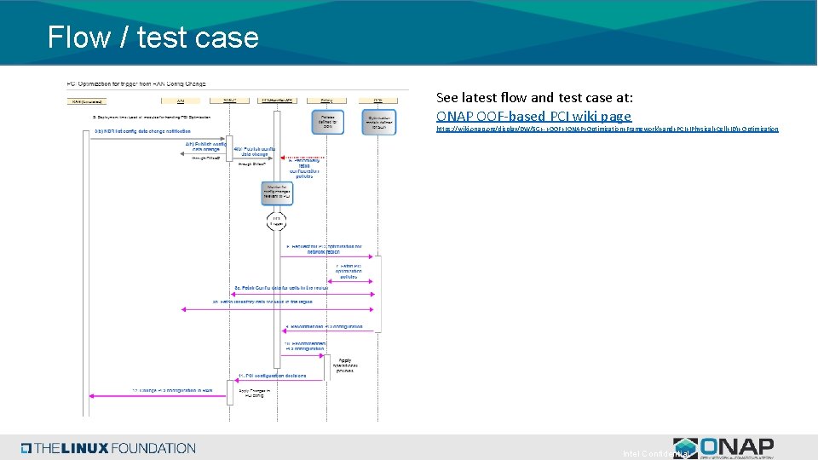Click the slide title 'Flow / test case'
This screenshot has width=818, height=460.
[153, 37]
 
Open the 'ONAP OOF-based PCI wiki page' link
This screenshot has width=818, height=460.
[533, 116]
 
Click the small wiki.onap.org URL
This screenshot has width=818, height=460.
[607, 129]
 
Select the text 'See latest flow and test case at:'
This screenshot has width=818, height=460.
[534, 97]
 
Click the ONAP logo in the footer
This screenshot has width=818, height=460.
[723, 447]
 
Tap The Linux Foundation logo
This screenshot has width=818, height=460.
[108, 448]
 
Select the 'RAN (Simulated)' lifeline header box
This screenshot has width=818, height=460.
[88, 101]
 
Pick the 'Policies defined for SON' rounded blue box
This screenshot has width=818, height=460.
[326, 119]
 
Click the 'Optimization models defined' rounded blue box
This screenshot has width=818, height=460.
[378, 119]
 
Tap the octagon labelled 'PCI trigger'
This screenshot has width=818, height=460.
[277, 221]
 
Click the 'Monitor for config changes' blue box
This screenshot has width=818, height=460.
[277, 193]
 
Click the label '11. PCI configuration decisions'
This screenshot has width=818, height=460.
[273, 376]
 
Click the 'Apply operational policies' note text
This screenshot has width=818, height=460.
[345, 365]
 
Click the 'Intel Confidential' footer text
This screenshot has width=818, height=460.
[656, 453]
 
